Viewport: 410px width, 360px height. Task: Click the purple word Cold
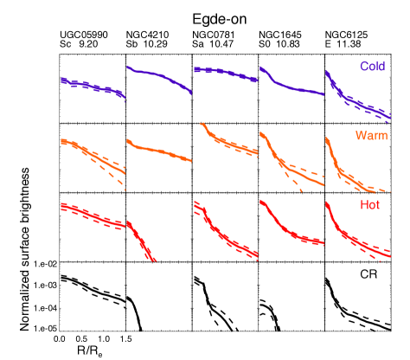pos(373,67)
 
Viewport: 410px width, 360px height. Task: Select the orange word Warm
pos(371,136)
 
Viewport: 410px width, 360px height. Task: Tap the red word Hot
pos(369,205)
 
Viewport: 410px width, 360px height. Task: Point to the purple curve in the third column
pos(225,74)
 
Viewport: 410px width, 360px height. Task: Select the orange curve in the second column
pos(158,151)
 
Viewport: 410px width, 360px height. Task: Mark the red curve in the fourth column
pos(290,229)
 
